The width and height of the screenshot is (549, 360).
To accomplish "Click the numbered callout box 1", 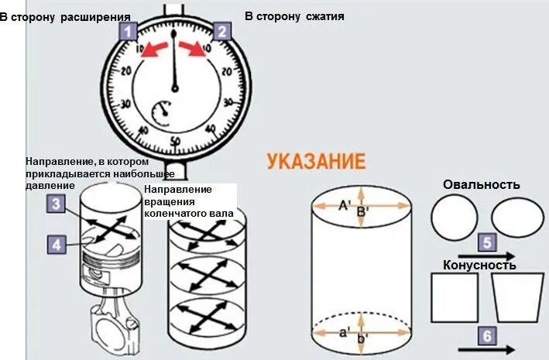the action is click(x=129, y=32).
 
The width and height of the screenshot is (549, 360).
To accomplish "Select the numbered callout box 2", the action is click(x=221, y=32).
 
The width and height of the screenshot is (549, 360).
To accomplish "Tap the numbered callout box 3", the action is click(x=54, y=204).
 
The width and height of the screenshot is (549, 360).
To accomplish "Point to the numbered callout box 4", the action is click(x=54, y=245).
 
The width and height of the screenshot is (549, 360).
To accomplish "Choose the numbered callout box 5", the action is click(x=486, y=243).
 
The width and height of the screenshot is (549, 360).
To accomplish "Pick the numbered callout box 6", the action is click(x=486, y=336).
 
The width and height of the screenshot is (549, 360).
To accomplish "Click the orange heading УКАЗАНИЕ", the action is click(x=315, y=162).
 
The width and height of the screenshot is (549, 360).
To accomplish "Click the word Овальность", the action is click(x=481, y=185).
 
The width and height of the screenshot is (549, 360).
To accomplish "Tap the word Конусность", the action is click(x=479, y=266).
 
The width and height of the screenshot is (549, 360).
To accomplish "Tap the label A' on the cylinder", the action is click(x=345, y=206).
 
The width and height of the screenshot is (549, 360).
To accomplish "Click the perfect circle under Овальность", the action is click(x=455, y=218).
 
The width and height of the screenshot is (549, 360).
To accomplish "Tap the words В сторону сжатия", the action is click(x=294, y=15).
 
